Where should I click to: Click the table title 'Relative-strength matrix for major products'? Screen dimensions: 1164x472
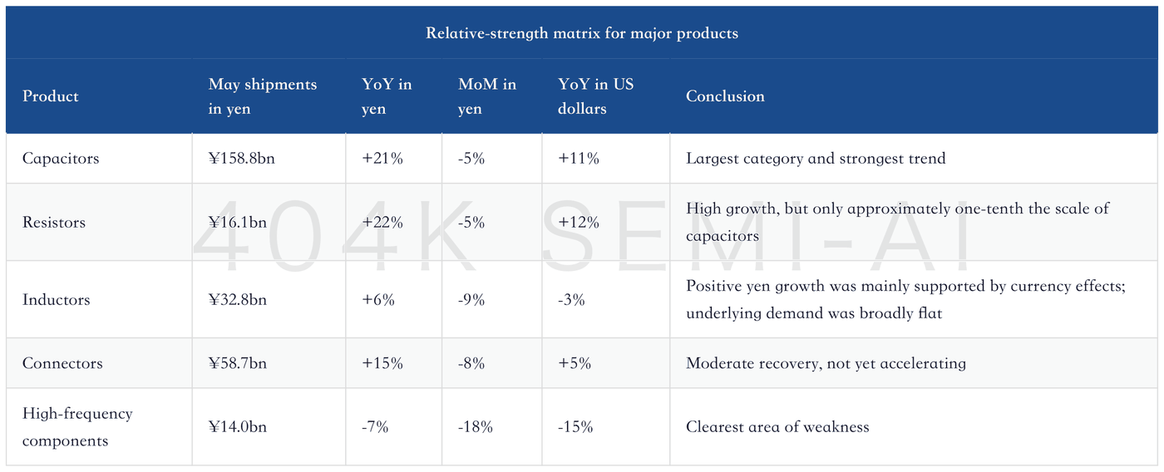click(x=581, y=33)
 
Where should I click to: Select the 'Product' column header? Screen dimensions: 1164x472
click(x=51, y=96)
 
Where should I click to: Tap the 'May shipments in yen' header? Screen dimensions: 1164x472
click(x=263, y=96)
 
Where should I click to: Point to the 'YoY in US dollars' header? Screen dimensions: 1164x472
click(x=595, y=96)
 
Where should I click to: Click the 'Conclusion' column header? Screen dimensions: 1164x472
click(x=725, y=96)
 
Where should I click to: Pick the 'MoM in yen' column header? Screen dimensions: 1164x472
click(x=487, y=96)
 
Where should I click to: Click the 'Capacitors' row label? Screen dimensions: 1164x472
click(x=61, y=159)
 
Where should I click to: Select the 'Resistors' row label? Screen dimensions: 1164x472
click(x=54, y=222)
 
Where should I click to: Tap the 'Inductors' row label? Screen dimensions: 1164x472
click(x=57, y=300)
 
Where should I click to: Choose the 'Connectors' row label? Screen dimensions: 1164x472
click(x=62, y=363)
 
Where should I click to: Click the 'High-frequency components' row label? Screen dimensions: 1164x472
click(x=77, y=427)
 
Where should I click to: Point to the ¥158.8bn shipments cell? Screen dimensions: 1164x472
click(x=242, y=159)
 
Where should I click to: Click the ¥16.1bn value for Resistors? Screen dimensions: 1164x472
click(x=238, y=222)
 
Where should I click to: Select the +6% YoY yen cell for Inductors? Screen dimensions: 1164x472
click(x=378, y=300)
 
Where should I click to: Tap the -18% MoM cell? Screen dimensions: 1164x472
click(x=475, y=427)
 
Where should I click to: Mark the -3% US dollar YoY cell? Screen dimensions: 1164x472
click(x=571, y=300)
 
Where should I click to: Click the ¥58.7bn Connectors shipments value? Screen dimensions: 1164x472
click(x=238, y=363)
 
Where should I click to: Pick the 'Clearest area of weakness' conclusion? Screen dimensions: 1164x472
click(x=777, y=427)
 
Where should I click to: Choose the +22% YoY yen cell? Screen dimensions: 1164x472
click(x=382, y=222)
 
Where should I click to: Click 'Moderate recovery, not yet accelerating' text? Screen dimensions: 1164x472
click(x=826, y=363)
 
